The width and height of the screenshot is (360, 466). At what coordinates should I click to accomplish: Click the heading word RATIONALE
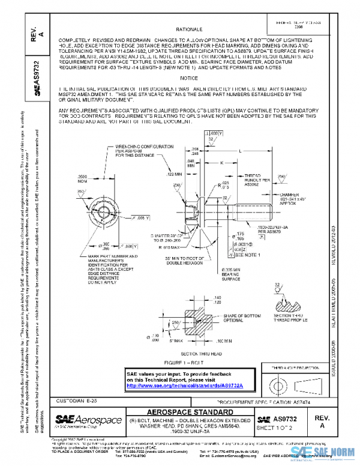(x=189, y=29)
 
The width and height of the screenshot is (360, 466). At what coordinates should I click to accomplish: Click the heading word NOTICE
(x=188, y=78)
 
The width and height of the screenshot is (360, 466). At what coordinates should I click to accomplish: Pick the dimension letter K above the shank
(x=221, y=162)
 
